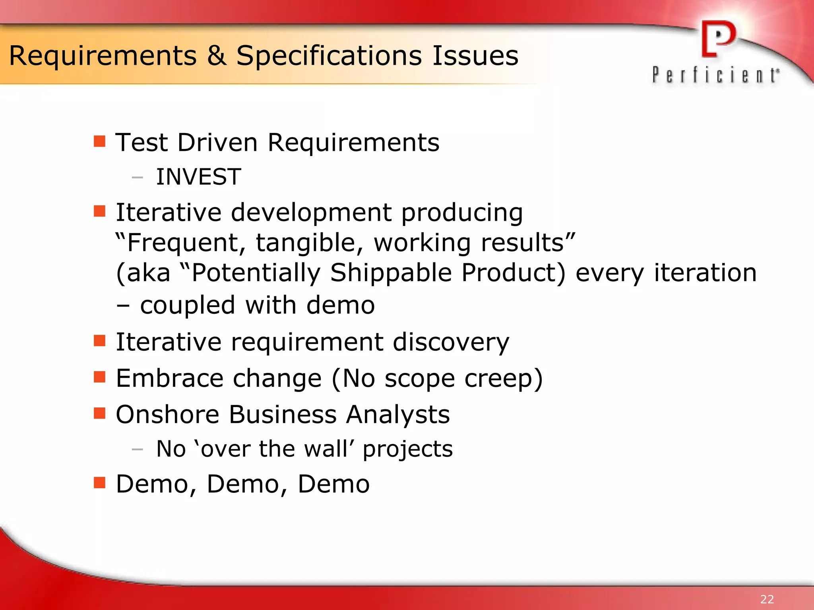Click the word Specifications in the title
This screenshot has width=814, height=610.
(x=329, y=56)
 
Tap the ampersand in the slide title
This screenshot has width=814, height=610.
(x=216, y=56)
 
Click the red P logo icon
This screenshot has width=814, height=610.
(x=718, y=39)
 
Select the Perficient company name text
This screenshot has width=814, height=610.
(x=715, y=75)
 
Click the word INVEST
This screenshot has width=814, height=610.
(x=198, y=177)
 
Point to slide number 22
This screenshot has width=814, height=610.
(x=767, y=599)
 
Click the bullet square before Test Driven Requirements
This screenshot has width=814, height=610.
(x=99, y=141)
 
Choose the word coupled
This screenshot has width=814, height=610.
(x=188, y=305)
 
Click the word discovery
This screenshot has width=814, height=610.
(x=451, y=342)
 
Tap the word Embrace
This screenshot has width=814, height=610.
(x=169, y=378)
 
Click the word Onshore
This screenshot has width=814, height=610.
(x=167, y=415)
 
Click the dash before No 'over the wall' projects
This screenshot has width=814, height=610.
(x=137, y=450)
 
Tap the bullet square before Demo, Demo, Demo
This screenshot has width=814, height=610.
(x=99, y=483)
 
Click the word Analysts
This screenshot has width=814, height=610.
(x=398, y=415)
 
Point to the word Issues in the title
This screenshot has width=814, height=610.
(x=475, y=56)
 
